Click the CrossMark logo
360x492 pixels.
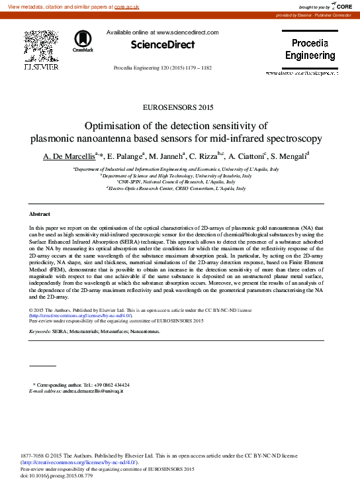coord(83,40)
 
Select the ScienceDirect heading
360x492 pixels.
coord(163,45)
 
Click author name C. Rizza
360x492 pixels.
coord(202,156)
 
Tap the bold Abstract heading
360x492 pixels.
coord(41,214)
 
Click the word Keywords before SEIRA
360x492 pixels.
coord(40,330)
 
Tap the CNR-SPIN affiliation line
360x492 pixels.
coord(178,182)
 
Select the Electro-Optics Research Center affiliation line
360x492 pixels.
coord(178,189)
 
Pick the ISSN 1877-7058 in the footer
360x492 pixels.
coord(34,456)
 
